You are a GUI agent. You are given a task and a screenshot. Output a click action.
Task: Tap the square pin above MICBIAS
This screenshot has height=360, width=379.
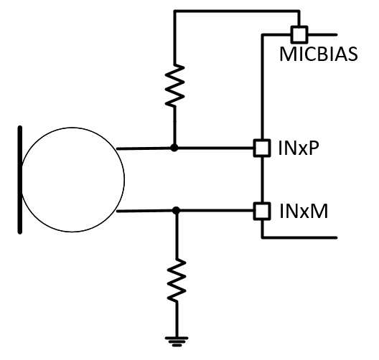(298, 33)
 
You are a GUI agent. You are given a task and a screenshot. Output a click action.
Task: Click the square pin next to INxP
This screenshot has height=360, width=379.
(262, 148)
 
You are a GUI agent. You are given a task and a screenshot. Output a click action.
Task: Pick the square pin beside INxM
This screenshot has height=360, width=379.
(262, 211)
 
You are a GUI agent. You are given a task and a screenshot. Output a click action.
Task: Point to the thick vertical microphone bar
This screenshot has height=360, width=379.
(20, 179)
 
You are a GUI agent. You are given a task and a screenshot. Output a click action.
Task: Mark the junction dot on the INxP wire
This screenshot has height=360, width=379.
(174, 148)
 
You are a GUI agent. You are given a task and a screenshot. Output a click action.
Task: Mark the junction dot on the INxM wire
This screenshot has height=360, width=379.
(174, 211)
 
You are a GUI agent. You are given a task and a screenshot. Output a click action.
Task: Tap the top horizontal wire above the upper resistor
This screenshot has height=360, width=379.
(230, 11)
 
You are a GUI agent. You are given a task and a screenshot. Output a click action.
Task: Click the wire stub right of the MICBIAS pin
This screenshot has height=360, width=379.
(321, 33)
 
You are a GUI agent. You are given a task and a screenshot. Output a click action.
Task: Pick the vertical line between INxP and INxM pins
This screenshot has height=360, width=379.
(262, 179)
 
